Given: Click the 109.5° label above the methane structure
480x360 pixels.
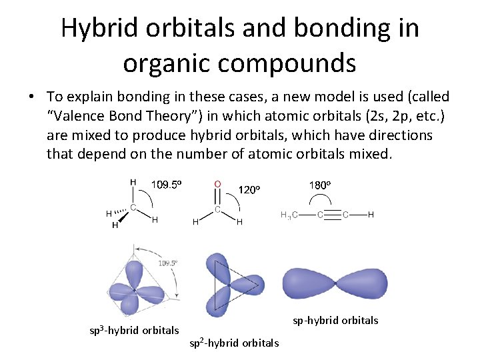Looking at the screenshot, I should pos(166,185).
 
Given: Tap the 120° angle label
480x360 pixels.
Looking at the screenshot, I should pos(248,189).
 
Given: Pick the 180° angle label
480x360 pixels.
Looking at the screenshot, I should pos(320,185).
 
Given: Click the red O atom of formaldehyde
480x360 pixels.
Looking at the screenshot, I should pos(217,183).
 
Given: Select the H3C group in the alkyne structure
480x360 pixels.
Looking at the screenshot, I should pos(289,215).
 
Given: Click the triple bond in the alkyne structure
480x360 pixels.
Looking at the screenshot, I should pos(333,215).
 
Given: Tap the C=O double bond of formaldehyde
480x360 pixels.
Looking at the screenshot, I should pos(217,196).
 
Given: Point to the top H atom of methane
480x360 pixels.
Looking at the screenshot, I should pos(133,181).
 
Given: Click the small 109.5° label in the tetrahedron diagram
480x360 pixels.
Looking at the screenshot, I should pos(167,263).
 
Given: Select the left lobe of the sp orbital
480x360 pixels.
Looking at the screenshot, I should pos(310,282).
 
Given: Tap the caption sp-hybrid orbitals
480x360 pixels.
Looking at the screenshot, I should pos(335,321).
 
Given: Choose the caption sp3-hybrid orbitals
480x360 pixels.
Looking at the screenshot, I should pos(134,330).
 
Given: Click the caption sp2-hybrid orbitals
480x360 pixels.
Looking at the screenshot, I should pos(234,343).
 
